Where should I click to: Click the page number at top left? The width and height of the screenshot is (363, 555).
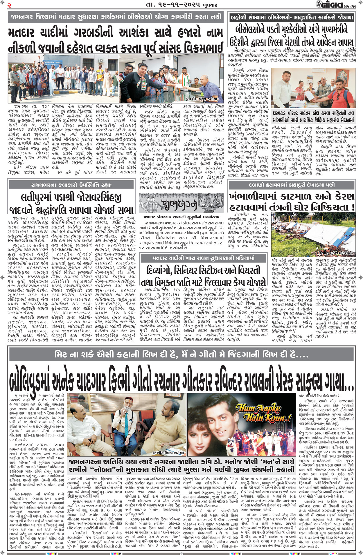click(9, 5)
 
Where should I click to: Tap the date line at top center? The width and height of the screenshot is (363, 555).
click(181, 5)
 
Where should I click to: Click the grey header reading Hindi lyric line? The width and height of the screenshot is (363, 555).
click(181, 354)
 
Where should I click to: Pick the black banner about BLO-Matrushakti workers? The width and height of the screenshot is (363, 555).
click(292, 17)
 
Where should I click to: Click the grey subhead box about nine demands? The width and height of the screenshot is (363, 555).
click(313, 117)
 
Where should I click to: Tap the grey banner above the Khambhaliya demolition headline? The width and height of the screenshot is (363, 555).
click(292, 185)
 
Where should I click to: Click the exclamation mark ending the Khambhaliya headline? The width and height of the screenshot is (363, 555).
click(352, 207)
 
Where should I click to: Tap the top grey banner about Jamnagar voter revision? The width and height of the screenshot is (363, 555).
click(116, 17)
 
